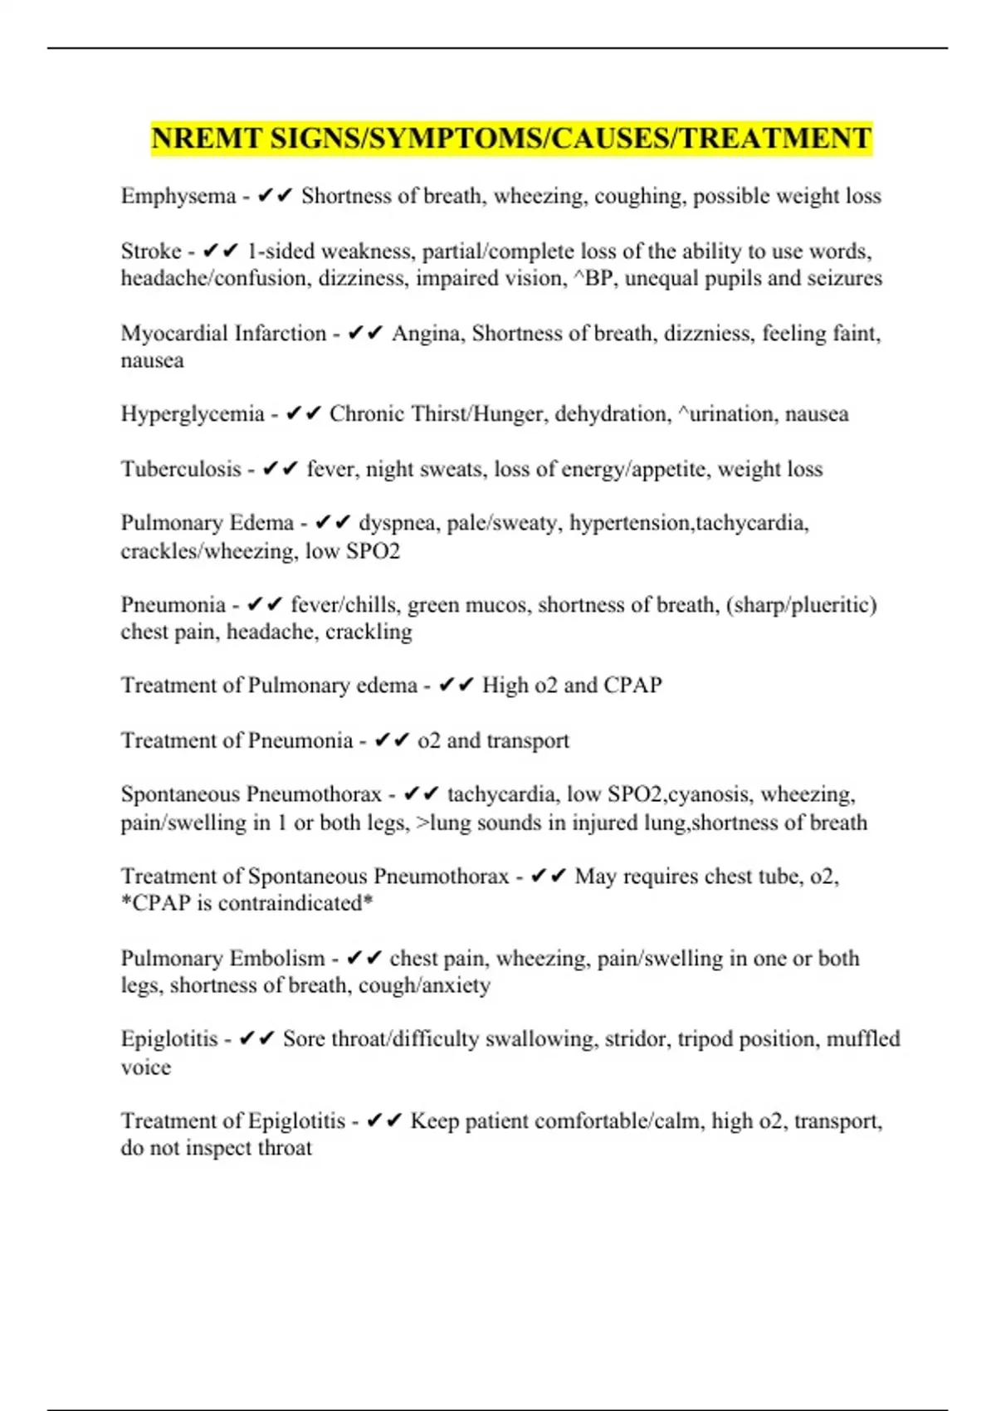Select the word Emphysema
178,196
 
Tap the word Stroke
151,251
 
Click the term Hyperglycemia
193,413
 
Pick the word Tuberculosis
181,469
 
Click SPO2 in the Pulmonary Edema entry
373,551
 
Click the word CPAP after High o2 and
632,685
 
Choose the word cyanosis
708,794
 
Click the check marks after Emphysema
276,196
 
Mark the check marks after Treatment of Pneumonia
392,740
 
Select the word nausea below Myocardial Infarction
152,360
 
